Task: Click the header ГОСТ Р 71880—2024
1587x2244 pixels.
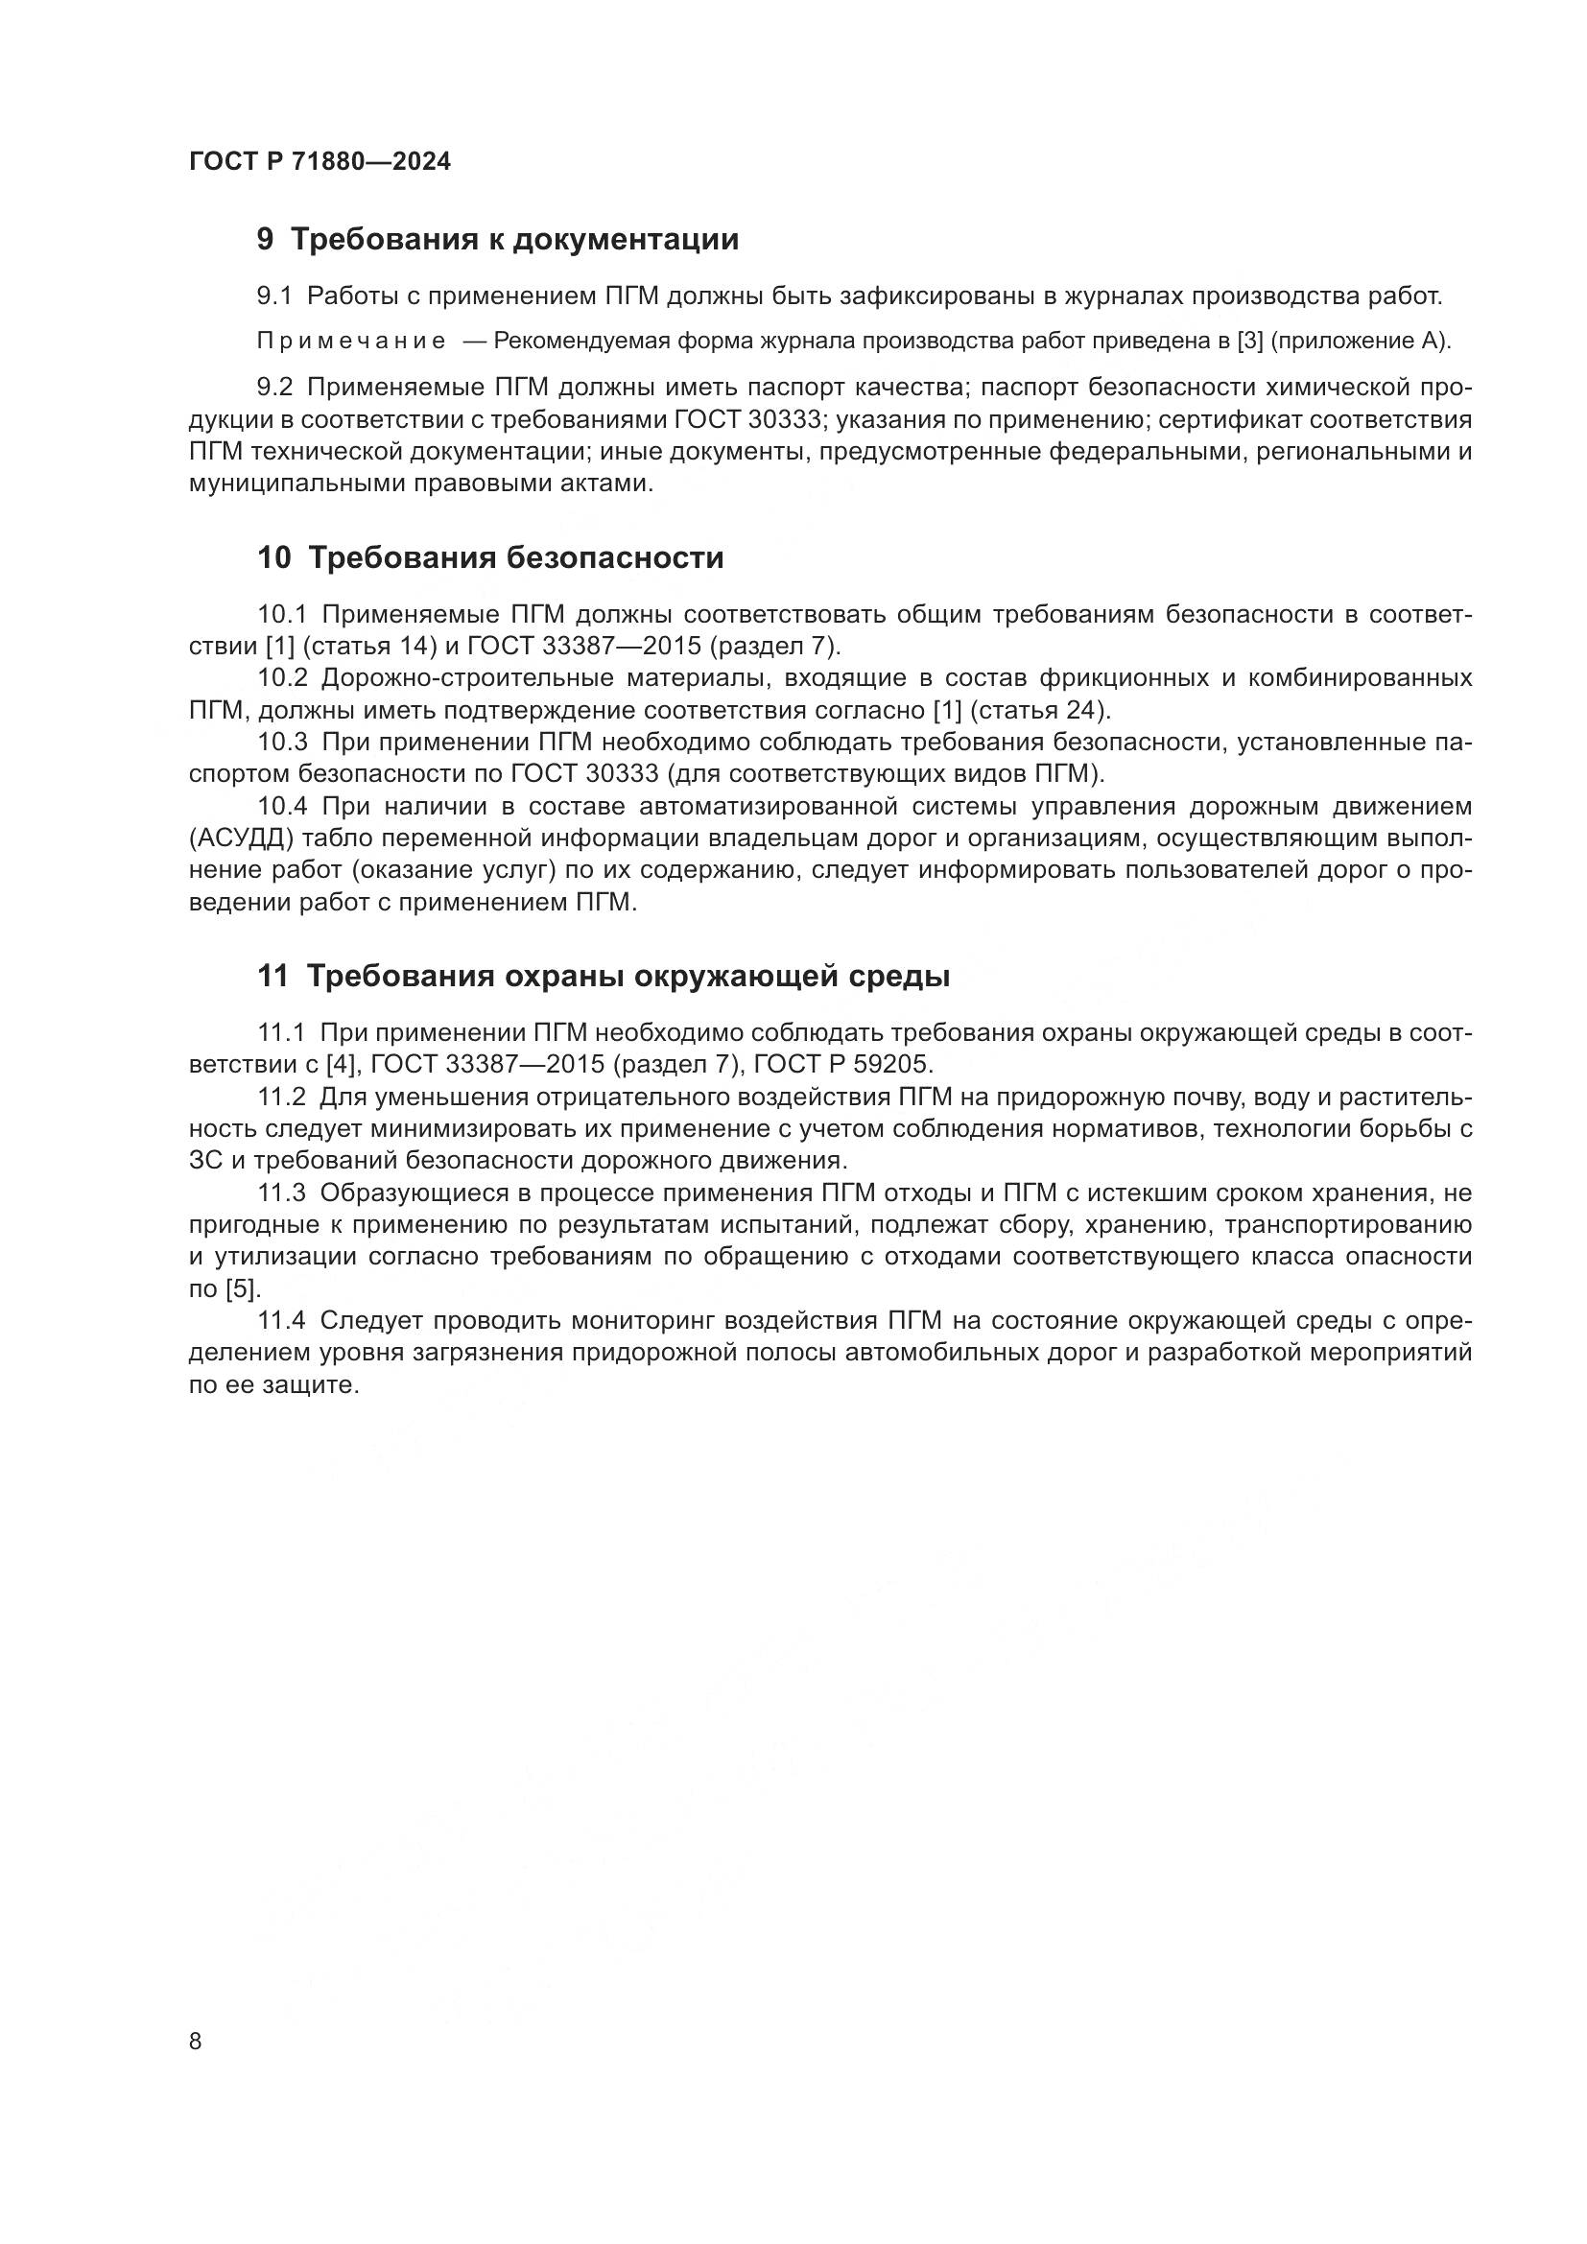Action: (x=320, y=162)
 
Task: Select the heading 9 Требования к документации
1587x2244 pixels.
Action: (x=497, y=240)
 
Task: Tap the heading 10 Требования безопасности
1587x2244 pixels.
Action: (x=490, y=558)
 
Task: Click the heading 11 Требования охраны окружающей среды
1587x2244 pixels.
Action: (x=603, y=977)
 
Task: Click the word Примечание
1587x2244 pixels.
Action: (x=351, y=342)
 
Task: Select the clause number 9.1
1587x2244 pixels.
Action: (x=273, y=295)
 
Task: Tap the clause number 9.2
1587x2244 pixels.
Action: (x=273, y=388)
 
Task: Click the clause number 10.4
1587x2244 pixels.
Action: (x=282, y=806)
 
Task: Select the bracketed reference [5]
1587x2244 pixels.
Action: (x=244, y=1289)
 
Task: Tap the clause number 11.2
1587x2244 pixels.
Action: (x=281, y=1097)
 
